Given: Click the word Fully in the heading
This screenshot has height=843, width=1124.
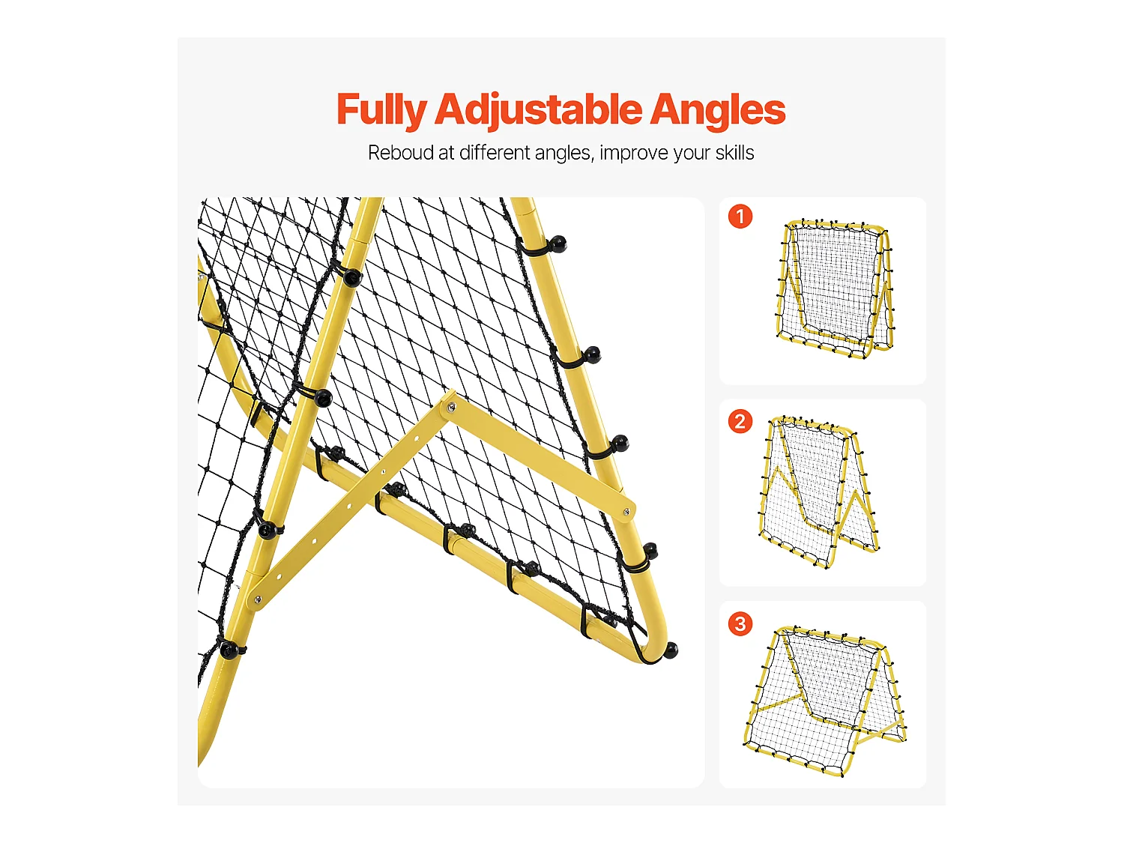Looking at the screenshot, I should point(381,110).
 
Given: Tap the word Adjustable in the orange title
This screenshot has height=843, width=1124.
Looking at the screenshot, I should point(538,110).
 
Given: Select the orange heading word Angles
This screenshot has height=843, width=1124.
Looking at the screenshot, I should point(717,110).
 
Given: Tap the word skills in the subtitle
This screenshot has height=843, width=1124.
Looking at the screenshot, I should point(734,153).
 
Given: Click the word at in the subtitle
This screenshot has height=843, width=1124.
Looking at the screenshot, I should point(447,153).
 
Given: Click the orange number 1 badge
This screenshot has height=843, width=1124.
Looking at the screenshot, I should point(740,217).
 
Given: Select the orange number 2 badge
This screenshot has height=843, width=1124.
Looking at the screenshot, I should point(740,421).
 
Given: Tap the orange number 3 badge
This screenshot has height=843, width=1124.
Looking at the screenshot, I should point(740,623).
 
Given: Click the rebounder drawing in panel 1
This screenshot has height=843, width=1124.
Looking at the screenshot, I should point(835,288).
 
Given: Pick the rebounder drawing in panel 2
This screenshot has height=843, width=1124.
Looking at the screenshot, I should point(820,491).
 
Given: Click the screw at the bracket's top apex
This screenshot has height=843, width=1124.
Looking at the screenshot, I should point(451,408).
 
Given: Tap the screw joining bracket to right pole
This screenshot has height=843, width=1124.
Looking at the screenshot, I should point(626,512).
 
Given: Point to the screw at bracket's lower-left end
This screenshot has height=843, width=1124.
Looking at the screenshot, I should point(258,599).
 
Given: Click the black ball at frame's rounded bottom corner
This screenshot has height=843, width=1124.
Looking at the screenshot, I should point(671,650).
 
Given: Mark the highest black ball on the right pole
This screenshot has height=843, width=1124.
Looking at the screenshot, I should point(558,243).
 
